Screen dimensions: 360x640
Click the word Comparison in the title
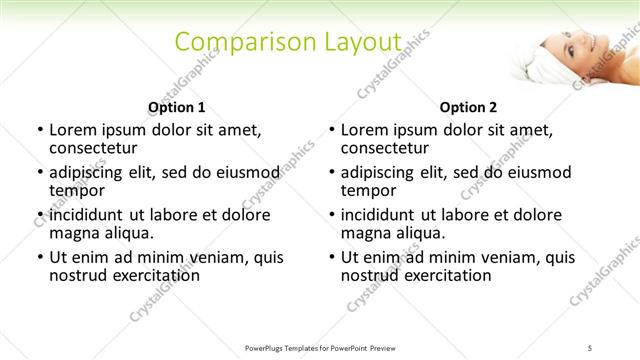pos(240,42)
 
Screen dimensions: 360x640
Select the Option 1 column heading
pos(176,107)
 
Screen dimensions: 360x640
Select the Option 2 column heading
pos(468,107)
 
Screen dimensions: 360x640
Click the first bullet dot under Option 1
pos(39,130)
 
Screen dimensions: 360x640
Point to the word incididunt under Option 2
pos(384,215)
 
